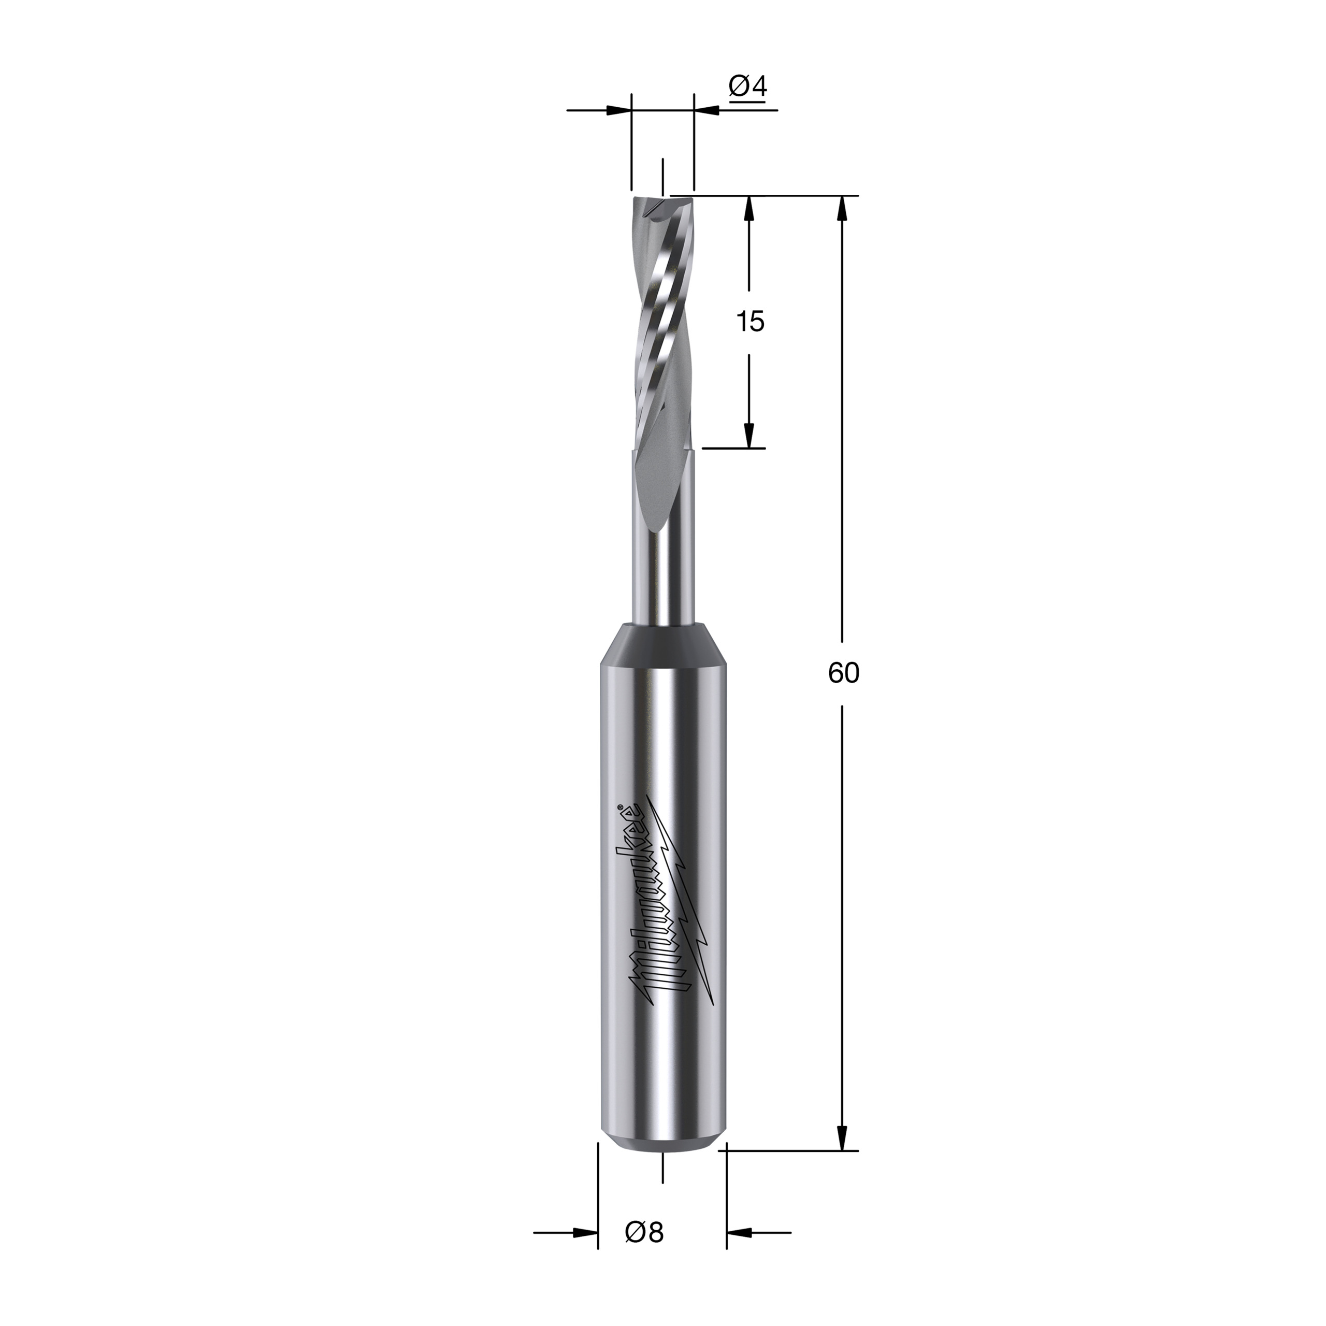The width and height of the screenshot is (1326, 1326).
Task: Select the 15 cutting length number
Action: point(750,321)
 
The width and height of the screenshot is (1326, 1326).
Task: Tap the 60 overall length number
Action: point(843,674)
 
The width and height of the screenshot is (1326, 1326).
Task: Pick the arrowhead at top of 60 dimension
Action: point(843,209)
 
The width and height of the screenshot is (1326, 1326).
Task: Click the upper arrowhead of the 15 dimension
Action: point(750,209)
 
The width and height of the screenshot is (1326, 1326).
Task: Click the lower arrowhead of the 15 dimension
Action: point(750,435)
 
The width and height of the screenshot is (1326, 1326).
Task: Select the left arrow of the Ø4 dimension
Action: point(618,110)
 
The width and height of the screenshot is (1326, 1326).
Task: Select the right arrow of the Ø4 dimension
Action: point(707,110)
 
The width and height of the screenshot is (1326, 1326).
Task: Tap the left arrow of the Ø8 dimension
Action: point(585,1252)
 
